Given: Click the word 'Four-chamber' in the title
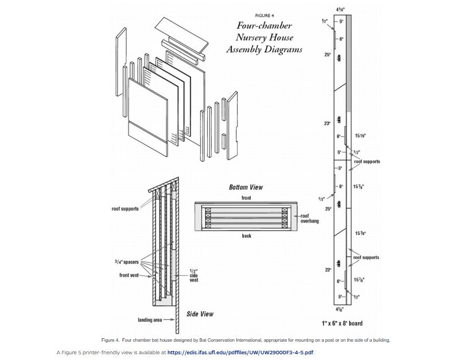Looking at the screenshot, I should tap(264, 26).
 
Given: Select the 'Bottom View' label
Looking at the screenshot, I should tap(246, 187).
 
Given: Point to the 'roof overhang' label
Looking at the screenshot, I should tap(309, 218).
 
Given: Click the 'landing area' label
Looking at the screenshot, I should tap(150, 319).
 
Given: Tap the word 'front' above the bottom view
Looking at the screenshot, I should tap(246, 198).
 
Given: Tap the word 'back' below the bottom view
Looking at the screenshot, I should tap(246, 236).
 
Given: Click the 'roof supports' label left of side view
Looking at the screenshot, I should tap(125, 209).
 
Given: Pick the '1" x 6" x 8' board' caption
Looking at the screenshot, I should tap(342, 323).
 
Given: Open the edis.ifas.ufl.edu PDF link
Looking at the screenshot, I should tap(240, 352).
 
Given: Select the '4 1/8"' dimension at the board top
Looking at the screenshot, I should tap(341, 10).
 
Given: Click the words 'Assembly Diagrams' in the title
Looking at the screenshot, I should tap(264, 49).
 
